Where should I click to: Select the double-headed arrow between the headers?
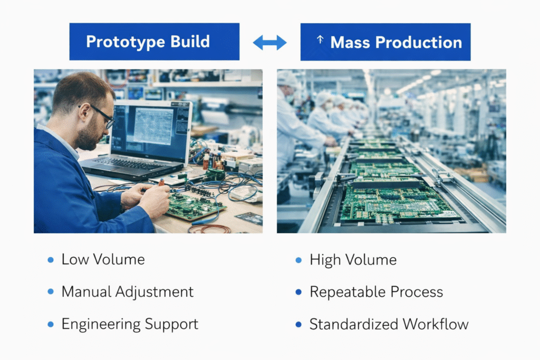(269, 42)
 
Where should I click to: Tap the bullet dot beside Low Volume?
(51, 260)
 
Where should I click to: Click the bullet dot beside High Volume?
(298, 260)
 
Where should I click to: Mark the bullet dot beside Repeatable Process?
(298, 292)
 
